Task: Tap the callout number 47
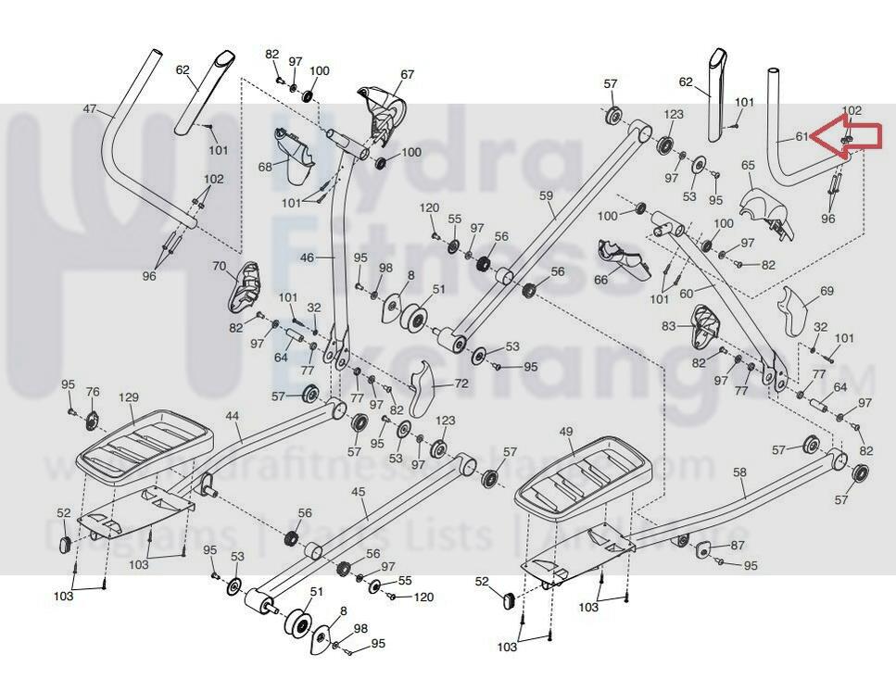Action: click(90, 109)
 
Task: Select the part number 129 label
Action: click(128, 397)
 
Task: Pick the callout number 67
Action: click(408, 74)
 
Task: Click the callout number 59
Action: click(546, 195)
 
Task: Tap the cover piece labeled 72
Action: click(422, 384)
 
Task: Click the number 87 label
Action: click(738, 545)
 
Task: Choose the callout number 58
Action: click(739, 472)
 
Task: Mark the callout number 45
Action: click(360, 491)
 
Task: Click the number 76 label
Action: click(93, 392)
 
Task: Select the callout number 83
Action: click(669, 326)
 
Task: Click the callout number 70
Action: click(219, 266)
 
